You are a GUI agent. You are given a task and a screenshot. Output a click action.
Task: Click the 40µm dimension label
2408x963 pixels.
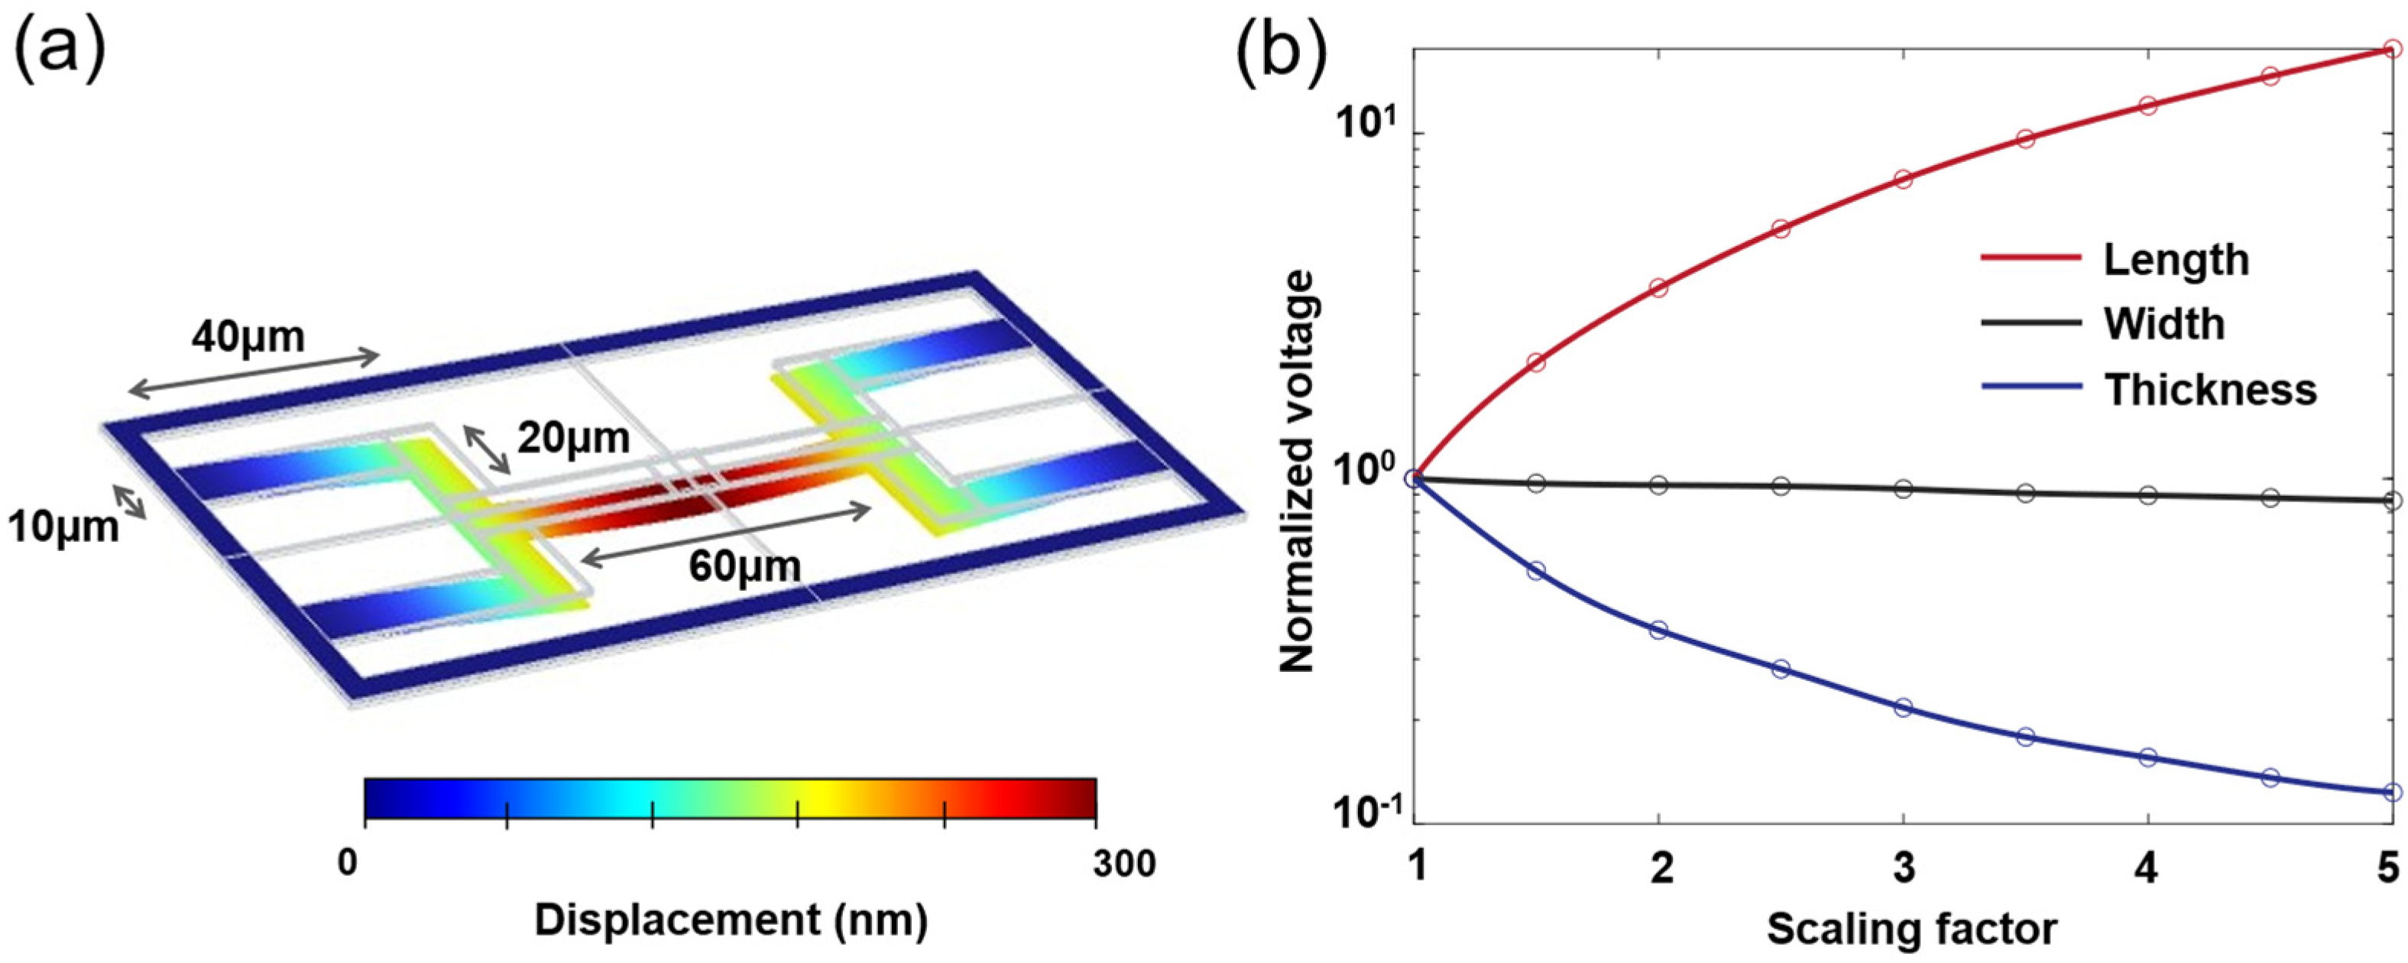tap(248, 336)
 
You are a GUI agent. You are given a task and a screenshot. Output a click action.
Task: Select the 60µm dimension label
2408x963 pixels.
tap(745, 566)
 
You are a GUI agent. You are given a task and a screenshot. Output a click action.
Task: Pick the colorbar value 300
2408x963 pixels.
tap(1125, 864)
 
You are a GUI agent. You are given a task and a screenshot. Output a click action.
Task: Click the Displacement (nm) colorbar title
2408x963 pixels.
tap(731, 921)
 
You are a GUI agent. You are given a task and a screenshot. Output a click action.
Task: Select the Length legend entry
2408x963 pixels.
tap(2175, 260)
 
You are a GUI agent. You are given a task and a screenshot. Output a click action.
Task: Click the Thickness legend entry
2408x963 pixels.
tap(2210, 388)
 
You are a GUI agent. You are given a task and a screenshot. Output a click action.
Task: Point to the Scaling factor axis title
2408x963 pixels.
tap(1911, 929)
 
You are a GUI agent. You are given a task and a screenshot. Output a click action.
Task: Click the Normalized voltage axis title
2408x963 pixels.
tap(1298, 472)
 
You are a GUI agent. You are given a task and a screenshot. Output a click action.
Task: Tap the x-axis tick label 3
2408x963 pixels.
tap(1903, 870)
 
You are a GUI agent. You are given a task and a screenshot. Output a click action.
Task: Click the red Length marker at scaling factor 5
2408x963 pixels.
tap(2391, 49)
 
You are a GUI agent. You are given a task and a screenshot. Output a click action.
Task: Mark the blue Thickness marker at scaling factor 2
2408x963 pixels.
tap(1658, 631)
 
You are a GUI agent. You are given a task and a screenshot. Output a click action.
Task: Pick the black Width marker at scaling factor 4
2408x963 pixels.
tap(2147, 494)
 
